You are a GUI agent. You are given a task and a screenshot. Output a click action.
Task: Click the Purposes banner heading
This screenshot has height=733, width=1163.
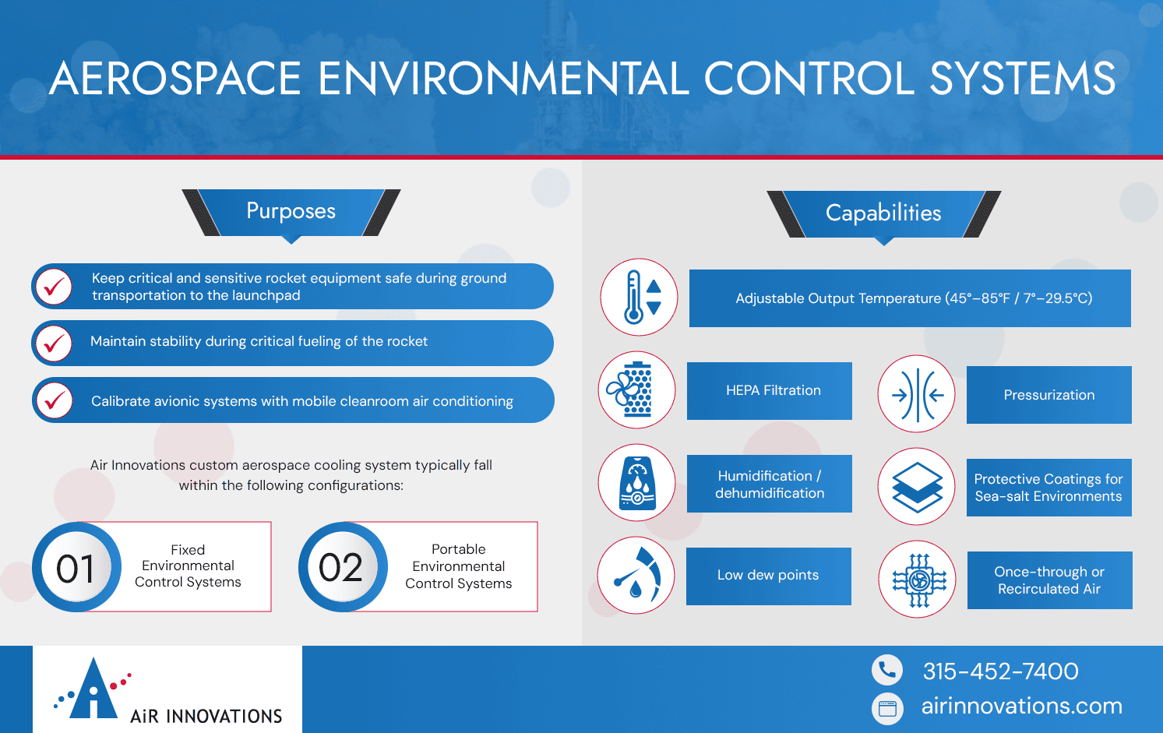[291, 211]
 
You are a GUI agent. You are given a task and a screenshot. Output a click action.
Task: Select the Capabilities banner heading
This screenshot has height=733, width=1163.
[883, 213]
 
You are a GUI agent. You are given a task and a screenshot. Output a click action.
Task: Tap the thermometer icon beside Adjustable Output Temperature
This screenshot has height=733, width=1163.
[639, 298]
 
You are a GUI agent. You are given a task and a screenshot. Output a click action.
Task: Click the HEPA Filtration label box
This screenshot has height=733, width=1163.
[770, 391]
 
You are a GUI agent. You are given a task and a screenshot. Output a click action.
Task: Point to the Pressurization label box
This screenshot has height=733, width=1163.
[1048, 395]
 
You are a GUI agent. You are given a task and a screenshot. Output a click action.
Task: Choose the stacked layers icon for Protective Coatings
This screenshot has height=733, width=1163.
[917, 487]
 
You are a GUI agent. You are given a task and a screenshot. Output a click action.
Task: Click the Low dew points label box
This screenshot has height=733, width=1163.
[768, 576]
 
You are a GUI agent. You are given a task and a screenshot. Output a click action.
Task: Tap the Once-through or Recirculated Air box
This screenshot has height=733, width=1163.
[1049, 580]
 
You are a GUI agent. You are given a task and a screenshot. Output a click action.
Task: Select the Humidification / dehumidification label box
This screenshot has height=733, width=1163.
[770, 484]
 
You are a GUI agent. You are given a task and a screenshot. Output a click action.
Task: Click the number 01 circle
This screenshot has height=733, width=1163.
[76, 567]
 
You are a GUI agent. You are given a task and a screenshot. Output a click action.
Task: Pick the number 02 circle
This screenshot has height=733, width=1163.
[342, 567]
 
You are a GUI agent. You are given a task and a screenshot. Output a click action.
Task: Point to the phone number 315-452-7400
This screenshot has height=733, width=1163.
[1000, 671]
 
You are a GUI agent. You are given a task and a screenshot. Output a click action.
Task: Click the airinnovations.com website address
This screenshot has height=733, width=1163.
[1021, 706]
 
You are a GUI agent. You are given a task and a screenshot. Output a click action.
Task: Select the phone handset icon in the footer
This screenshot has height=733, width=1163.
[887, 670]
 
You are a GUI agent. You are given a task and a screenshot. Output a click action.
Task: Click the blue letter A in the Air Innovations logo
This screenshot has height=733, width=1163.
[93, 689]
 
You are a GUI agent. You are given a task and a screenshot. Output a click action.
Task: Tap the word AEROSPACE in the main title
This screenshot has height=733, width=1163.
[175, 78]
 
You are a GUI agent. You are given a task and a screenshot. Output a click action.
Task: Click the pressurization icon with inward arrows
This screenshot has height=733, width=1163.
[917, 394]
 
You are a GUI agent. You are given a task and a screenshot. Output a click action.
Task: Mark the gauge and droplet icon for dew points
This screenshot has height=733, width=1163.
[636, 576]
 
